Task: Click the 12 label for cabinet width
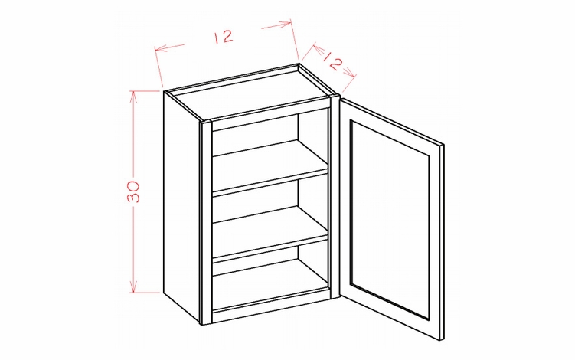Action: [223, 36]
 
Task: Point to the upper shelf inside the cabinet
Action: [268, 172]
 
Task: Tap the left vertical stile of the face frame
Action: [206, 222]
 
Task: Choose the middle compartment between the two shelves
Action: [268, 203]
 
